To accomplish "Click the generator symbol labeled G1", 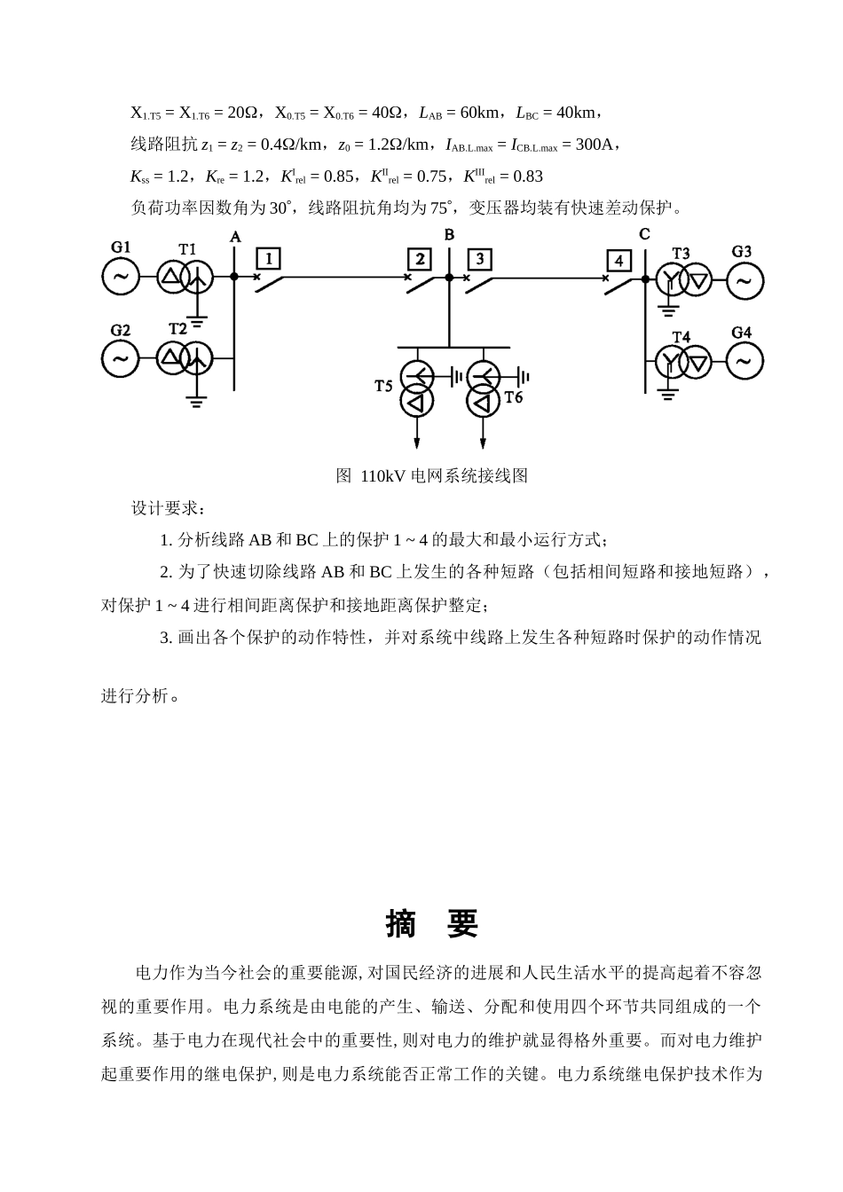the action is (121, 277).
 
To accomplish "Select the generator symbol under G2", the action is (121, 359).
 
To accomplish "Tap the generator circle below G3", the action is (745, 282).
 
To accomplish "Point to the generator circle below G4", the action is (745, 361).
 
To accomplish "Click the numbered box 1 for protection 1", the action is (268, 258).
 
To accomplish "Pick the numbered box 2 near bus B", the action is (419, 259).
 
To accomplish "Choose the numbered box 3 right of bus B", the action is (479, 259).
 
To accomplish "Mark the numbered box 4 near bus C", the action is (618, 261).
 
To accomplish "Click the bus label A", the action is (235, 236).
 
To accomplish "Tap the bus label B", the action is (449, 234).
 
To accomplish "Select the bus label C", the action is (644, 234).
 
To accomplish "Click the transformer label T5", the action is (382, 386).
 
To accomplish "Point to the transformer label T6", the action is (514, 397).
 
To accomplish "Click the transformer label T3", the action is (681, 254).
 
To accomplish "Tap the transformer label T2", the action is (177, 329).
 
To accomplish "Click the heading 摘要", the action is (432, 924).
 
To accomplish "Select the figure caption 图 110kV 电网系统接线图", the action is (432, 476).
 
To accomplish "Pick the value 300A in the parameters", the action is (594, 145).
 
